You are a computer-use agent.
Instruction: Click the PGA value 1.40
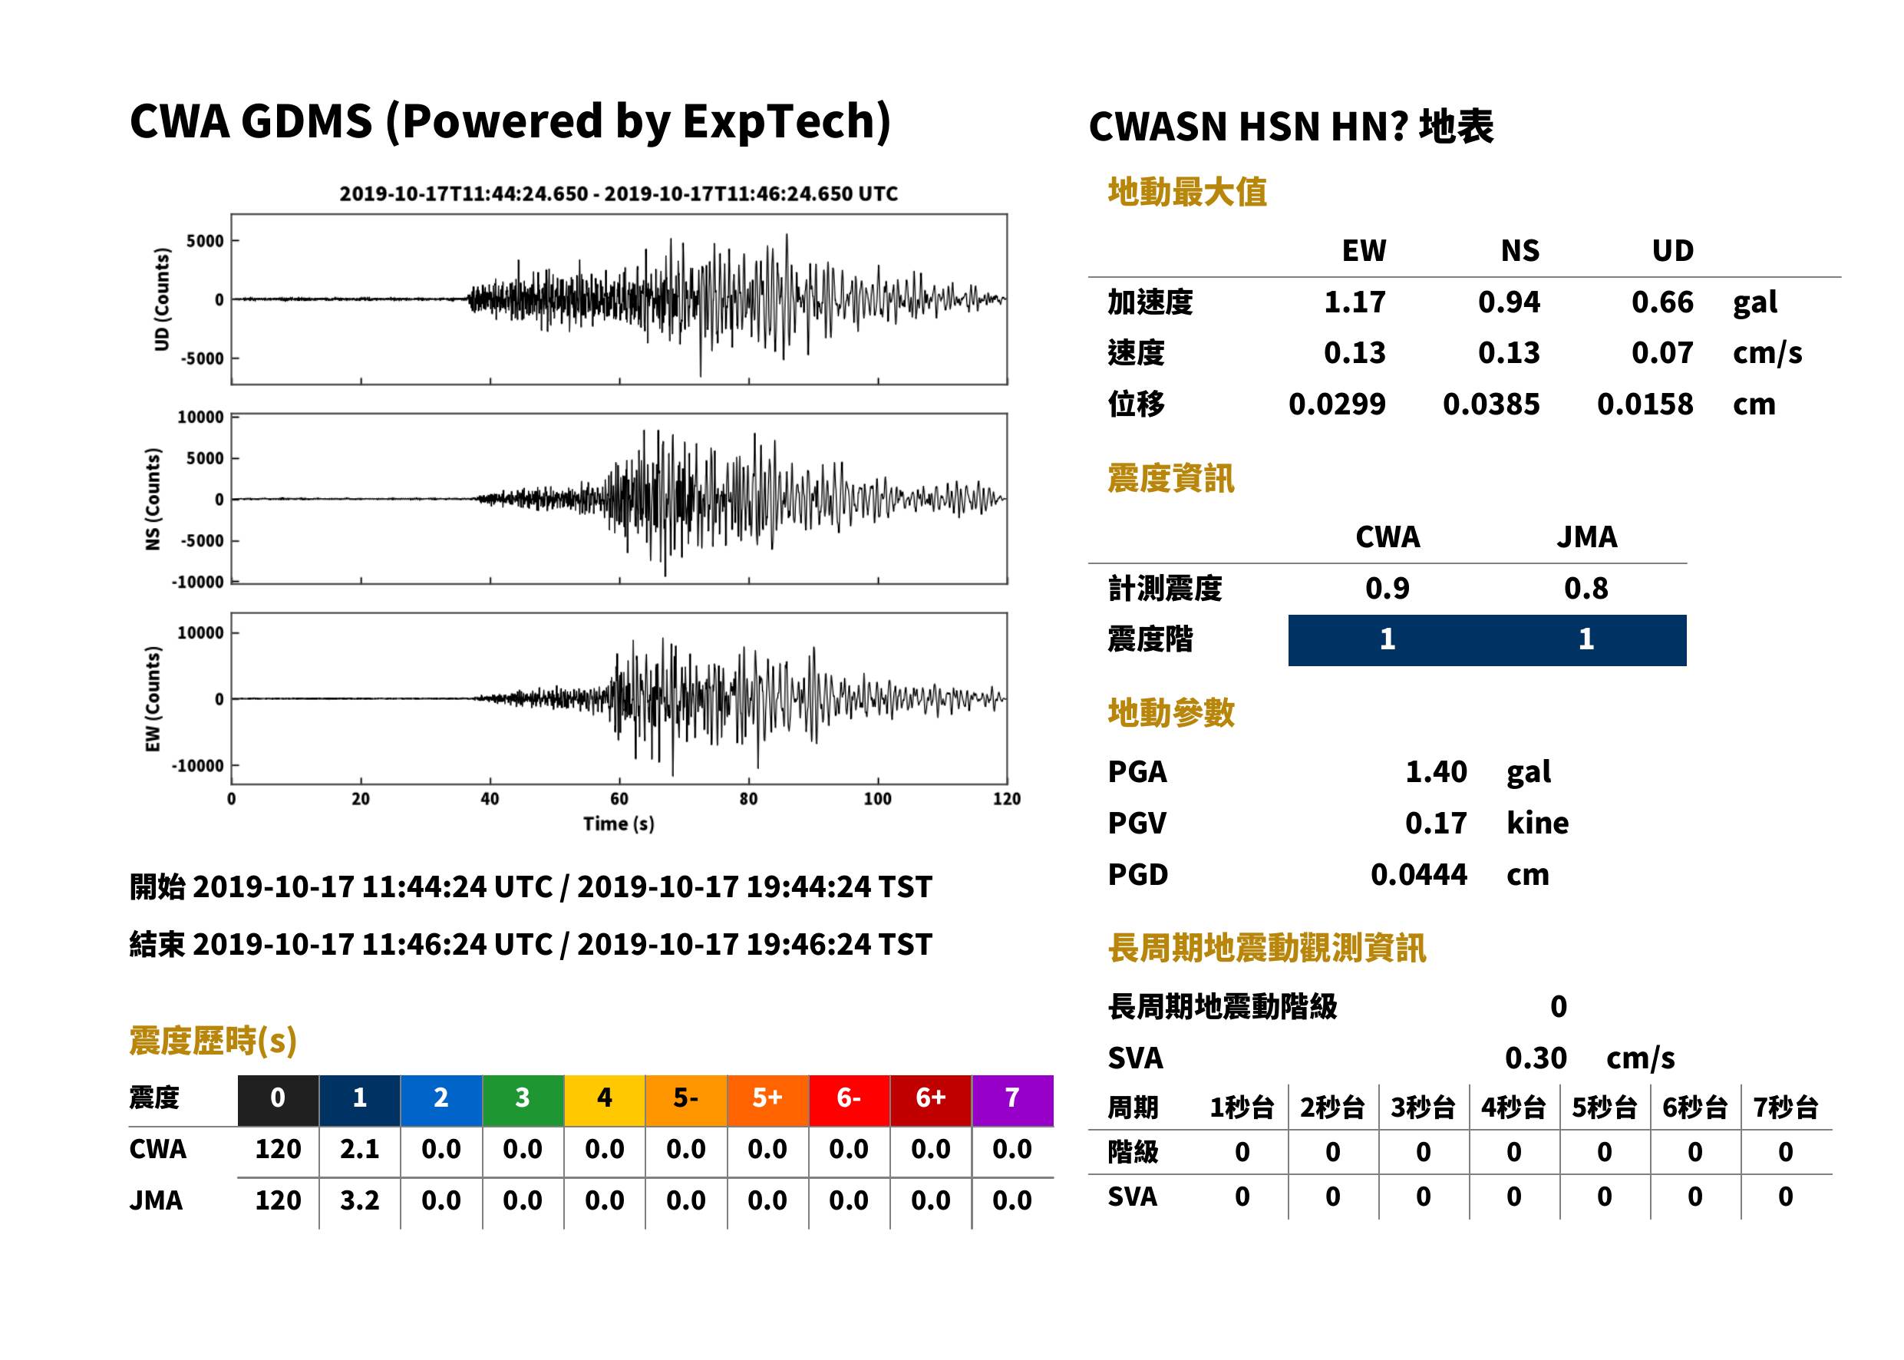point(1435,771)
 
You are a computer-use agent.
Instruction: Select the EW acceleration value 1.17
point(1354,302)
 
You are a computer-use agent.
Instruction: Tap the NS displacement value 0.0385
point(1491,404)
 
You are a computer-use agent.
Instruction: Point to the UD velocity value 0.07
point(1662,352)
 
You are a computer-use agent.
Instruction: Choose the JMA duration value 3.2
point(360,1200)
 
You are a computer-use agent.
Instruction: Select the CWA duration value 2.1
point(360,1149)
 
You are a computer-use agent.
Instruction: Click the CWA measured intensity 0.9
point(1388,588)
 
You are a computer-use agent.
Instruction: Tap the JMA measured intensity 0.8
point(1586,588)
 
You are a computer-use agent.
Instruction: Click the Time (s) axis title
point(619,824)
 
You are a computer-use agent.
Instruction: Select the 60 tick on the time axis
point(619,799)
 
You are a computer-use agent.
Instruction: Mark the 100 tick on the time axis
point(877,799)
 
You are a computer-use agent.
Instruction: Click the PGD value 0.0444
point(1418,874)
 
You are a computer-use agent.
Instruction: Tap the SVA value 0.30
point(1536,1058)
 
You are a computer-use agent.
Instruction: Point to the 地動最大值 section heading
point(1187,192)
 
